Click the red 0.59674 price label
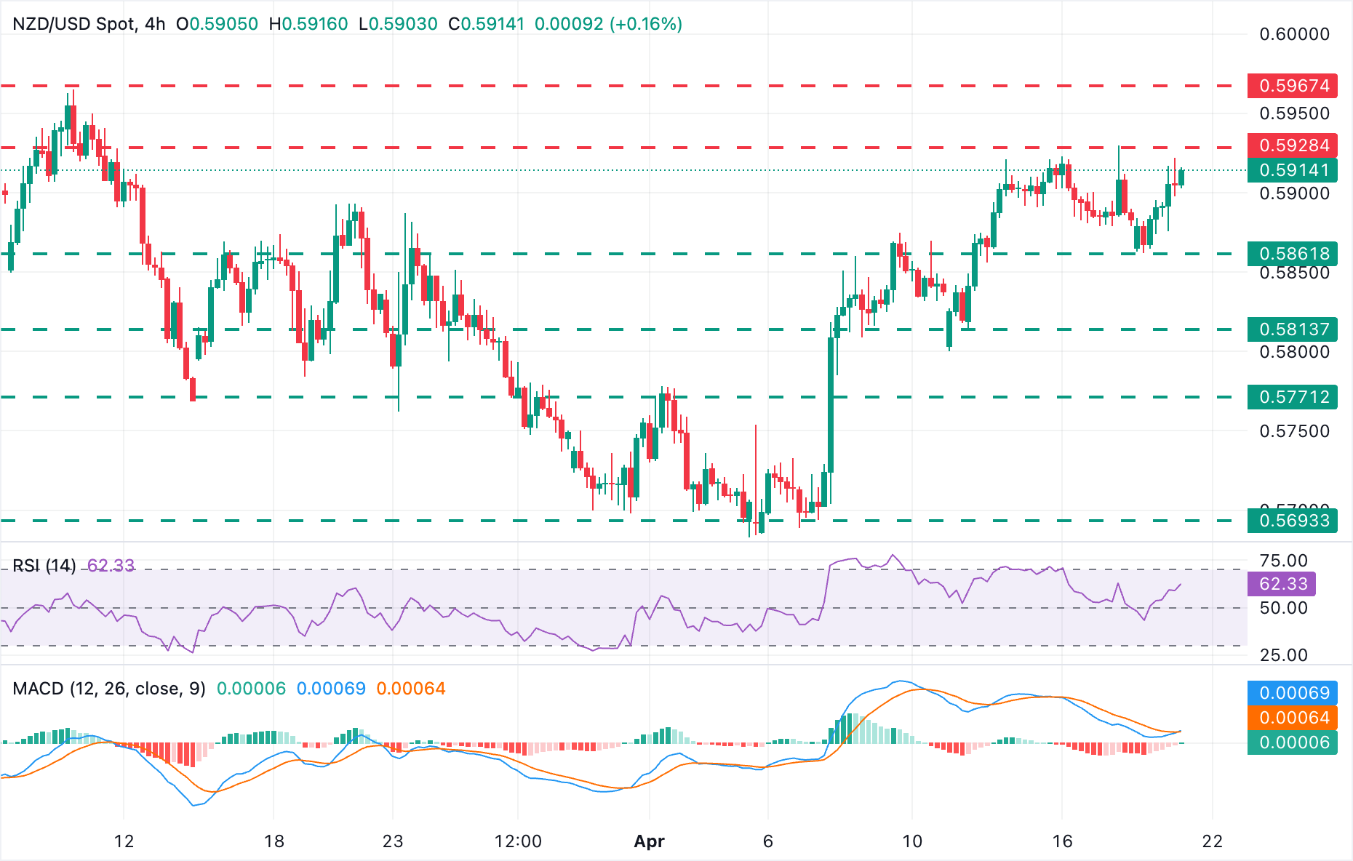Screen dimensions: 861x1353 pyautogui.click(x=1292, y=86)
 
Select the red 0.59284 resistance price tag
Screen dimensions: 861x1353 pyautogui.click(x=1292, y=145)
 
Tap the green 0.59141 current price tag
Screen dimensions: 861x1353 pyautogui.click(x=1292, y=170)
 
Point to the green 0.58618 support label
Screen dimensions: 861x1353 pyautogui.click(x=1292, y=254)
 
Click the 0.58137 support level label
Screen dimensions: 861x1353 pyautogui.click(x=1292, y=329)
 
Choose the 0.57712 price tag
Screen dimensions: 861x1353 pyautogui.click(x=1292, y=397)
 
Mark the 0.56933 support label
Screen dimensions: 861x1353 pyautogui.click(x=1292, y=521)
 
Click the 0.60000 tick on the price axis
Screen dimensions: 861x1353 pyautogui.click(x=1294, y=34)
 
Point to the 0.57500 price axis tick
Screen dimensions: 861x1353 pyautogui.click(x=1294, y=431)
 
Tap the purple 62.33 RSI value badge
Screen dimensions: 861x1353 pyautogui.click(x=1282, y=584)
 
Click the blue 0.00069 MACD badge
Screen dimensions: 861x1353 pyautogui.click(x=1292, y=693)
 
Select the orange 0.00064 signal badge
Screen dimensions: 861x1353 pyautogui.click(x=1292, y=718)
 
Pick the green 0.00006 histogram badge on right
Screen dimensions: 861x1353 pyautogui.click(x=1292, y=742)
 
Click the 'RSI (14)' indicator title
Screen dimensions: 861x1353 pyautogui.click(x=44, y=566)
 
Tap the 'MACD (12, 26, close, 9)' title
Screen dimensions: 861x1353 pyautogui.click(x=109, y=689)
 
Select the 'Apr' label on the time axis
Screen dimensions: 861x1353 pyautogui.click(x=649, y=841)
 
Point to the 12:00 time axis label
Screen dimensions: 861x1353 pyautogui.click(x=518, y=841)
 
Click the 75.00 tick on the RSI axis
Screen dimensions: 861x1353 pyautogui.click(x=1283, y=561)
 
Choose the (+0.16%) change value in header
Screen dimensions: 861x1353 pyautogui.click(x=646, y=24)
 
